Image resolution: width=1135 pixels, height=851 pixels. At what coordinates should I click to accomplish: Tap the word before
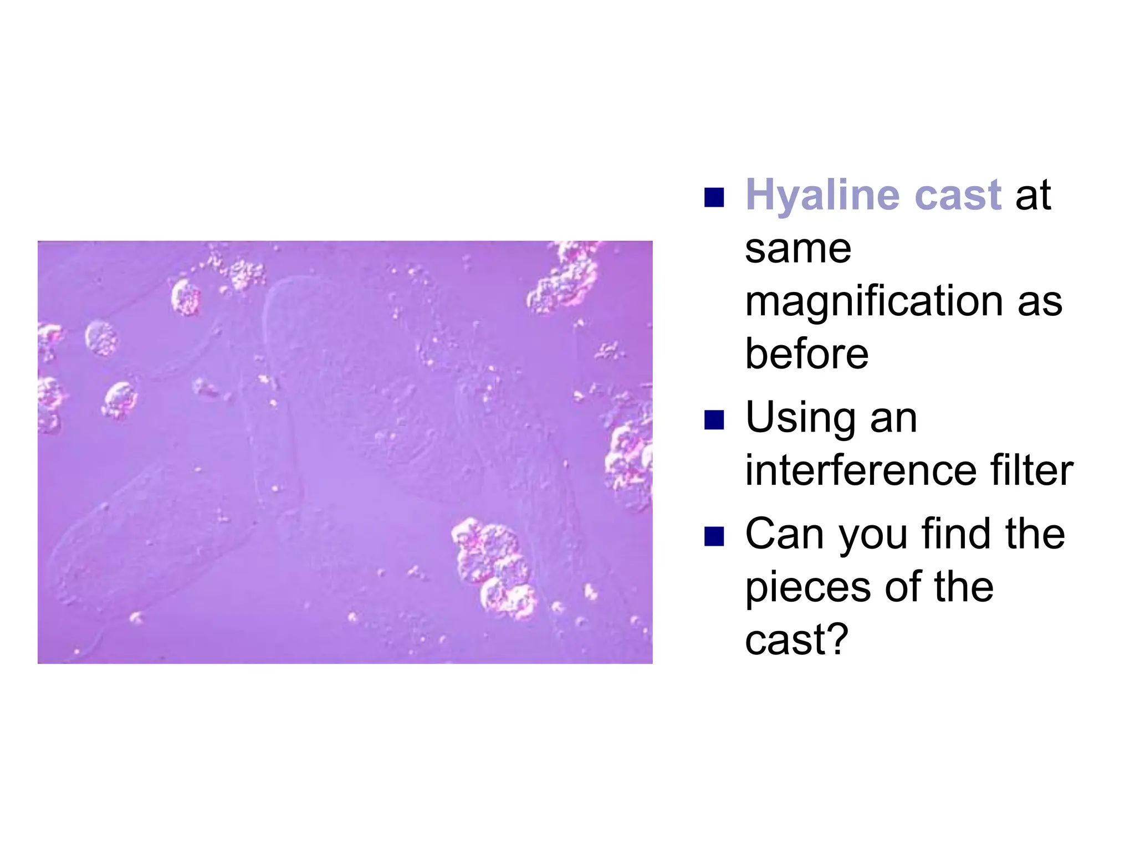tap(806, 354)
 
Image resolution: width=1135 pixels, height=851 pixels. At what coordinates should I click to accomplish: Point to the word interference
tap(860, 470)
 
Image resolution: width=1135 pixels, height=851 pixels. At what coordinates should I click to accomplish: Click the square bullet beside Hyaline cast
tap(714, 197)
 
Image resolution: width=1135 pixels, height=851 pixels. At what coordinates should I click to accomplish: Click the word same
tap(797, 249)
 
